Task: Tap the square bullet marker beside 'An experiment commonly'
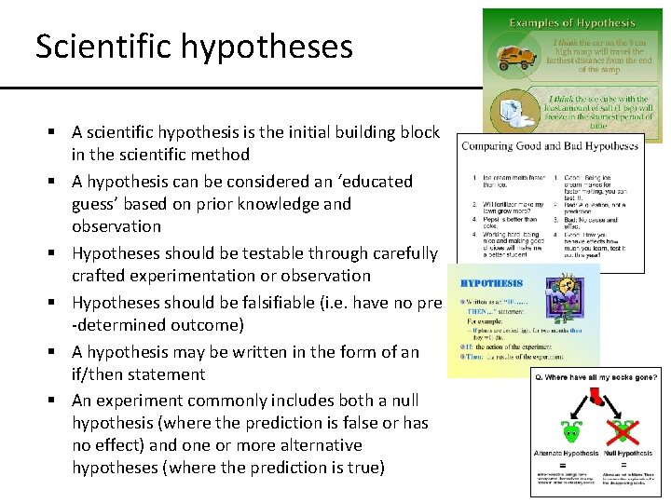(58, 401)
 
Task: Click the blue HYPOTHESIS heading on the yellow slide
(492, 283)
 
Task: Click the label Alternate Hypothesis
(566, 453)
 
